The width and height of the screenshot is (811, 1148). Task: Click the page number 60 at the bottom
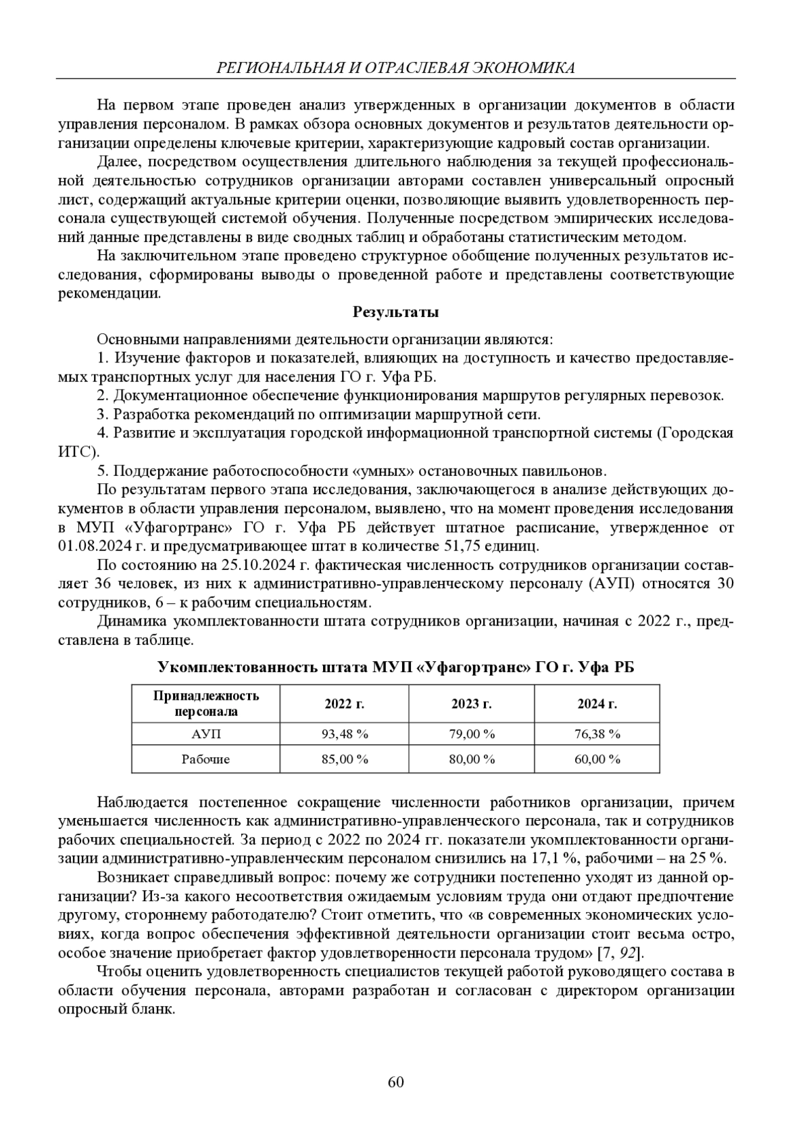(x=396, y=1082)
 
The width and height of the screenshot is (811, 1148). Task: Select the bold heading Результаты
(x=396, y=312)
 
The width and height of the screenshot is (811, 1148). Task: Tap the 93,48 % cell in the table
(x=344, y=734)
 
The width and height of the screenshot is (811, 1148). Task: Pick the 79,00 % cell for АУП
(x=472, y=734)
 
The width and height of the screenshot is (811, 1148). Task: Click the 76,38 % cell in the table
(x=597, y=734)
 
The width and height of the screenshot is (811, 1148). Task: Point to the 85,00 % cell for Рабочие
(x=344, y=759)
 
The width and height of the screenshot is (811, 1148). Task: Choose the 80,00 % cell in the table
(x=472, y=759)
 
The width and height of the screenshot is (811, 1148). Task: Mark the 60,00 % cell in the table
(x=597, y=759)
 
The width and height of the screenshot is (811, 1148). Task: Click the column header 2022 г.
(x=344, y=704)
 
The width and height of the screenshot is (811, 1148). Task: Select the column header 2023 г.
(x=472, y=704)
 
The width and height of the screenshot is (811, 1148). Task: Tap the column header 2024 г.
(x=597, y=704)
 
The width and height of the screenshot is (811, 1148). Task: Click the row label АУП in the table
(x=206, y=734)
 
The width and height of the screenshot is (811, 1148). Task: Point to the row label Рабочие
(x=206, y=759)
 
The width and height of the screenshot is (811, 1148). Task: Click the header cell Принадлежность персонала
(x=206, y=704)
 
